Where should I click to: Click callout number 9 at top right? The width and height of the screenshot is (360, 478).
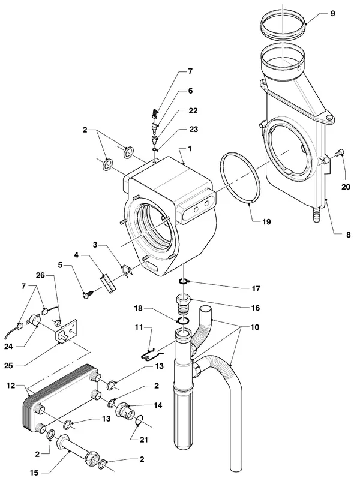332,13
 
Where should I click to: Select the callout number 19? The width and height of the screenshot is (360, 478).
266,222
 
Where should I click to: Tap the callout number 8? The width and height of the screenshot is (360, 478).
348,235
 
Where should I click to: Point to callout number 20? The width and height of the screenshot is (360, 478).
346,187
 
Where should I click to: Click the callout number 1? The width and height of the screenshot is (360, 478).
190,149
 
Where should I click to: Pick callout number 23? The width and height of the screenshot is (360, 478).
193,130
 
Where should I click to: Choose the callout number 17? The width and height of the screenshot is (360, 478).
256,288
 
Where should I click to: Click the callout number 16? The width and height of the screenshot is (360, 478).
256,308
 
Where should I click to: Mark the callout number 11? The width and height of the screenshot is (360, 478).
139,327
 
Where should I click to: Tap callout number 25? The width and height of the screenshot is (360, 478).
8,365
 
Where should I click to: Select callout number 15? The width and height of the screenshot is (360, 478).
34,473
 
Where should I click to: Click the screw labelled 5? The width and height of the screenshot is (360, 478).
87,294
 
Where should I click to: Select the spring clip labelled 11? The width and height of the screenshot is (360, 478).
151,354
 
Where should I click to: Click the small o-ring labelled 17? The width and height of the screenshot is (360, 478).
183,281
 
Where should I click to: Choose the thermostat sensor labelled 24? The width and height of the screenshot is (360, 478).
33,321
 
